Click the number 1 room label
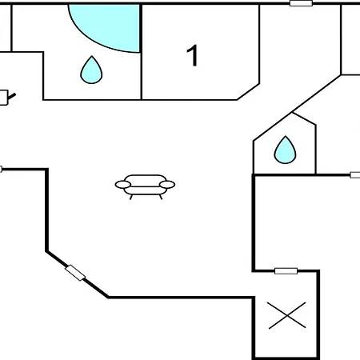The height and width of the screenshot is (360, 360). [192, 55]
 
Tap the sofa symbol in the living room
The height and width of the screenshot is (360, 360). [145, 186]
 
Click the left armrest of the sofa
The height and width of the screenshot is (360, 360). [123, 184]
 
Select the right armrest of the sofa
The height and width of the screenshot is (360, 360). [167, 184]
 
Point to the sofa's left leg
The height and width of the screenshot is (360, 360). [131, 197]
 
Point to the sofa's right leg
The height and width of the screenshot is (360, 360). [161, 197]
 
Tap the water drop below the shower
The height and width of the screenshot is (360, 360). [91, 70]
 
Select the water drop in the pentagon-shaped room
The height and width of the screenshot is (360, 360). [285, 150]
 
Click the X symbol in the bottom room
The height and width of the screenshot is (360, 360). [287, 315]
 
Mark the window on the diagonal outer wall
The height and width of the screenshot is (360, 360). [75, 273]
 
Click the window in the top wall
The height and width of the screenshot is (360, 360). [301, 3]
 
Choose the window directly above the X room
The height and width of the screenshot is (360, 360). [286, 271]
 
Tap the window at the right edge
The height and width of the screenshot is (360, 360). [355, 175]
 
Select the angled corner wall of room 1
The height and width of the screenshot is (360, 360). [248, 92]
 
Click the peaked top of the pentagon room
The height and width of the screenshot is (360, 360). [292, 113]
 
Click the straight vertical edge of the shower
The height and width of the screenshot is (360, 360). [140, 28]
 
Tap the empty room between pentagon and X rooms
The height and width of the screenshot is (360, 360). [286, 222]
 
